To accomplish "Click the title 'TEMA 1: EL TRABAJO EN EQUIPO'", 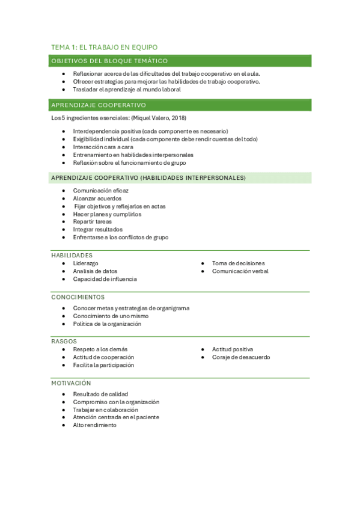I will pos(105,47).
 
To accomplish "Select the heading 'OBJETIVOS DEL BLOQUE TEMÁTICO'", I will pos(109,61).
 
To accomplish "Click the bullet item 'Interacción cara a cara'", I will pos(103,147).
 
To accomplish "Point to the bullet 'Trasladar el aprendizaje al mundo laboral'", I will pos(127,89).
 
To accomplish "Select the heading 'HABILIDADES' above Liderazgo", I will pos(72,255).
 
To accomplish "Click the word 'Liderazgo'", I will pos(85,263).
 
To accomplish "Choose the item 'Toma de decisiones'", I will pos(238,263).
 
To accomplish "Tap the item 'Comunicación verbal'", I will pos(240,271).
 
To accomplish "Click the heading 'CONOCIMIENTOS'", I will pos(78,297).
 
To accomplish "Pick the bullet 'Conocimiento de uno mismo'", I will pos(111,316).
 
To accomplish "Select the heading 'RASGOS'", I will pos(64,341).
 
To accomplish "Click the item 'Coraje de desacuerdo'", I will pos(241,357).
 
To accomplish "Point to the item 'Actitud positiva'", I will pos(233,349).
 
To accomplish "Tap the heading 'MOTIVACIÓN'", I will pos(71,383).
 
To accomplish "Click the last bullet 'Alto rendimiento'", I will pos(95,425).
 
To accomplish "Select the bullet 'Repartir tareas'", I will pos(93,221).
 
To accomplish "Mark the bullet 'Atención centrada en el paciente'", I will pos(116,417).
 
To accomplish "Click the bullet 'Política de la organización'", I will pos(107,324).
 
